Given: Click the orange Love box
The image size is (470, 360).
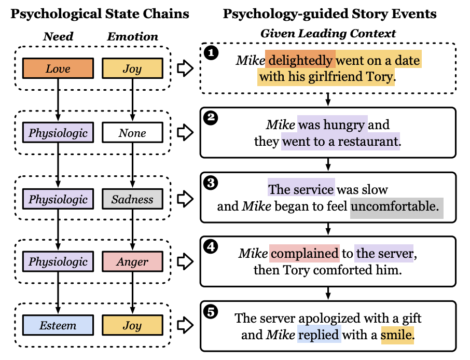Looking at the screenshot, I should point(58,68).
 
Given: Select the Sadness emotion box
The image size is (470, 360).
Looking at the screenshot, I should point(132,199).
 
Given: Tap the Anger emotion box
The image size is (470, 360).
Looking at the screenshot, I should point(132,262).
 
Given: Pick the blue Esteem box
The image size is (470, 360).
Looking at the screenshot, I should point(58,326).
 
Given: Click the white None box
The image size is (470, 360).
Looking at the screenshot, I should point(132,133).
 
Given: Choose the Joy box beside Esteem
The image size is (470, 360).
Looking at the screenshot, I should point(132,326).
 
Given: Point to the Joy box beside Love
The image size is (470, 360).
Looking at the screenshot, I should point(132,68).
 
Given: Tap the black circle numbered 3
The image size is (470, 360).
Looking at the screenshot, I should point(211,183).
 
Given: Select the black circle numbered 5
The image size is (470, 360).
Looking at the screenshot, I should point(211,312).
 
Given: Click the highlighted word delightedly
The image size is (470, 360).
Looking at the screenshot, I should point(300,61).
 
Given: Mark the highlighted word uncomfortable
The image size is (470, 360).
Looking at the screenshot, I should point(397,206).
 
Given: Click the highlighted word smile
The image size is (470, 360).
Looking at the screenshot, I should point(398,335).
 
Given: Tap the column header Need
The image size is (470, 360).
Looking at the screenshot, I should point(58,36).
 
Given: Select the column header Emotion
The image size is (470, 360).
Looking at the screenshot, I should point(132,36).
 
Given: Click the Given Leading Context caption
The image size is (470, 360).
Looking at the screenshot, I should point(328,34).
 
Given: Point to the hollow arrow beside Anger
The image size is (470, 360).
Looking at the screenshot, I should point(184,261).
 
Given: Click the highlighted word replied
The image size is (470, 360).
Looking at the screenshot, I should point(319,335).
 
